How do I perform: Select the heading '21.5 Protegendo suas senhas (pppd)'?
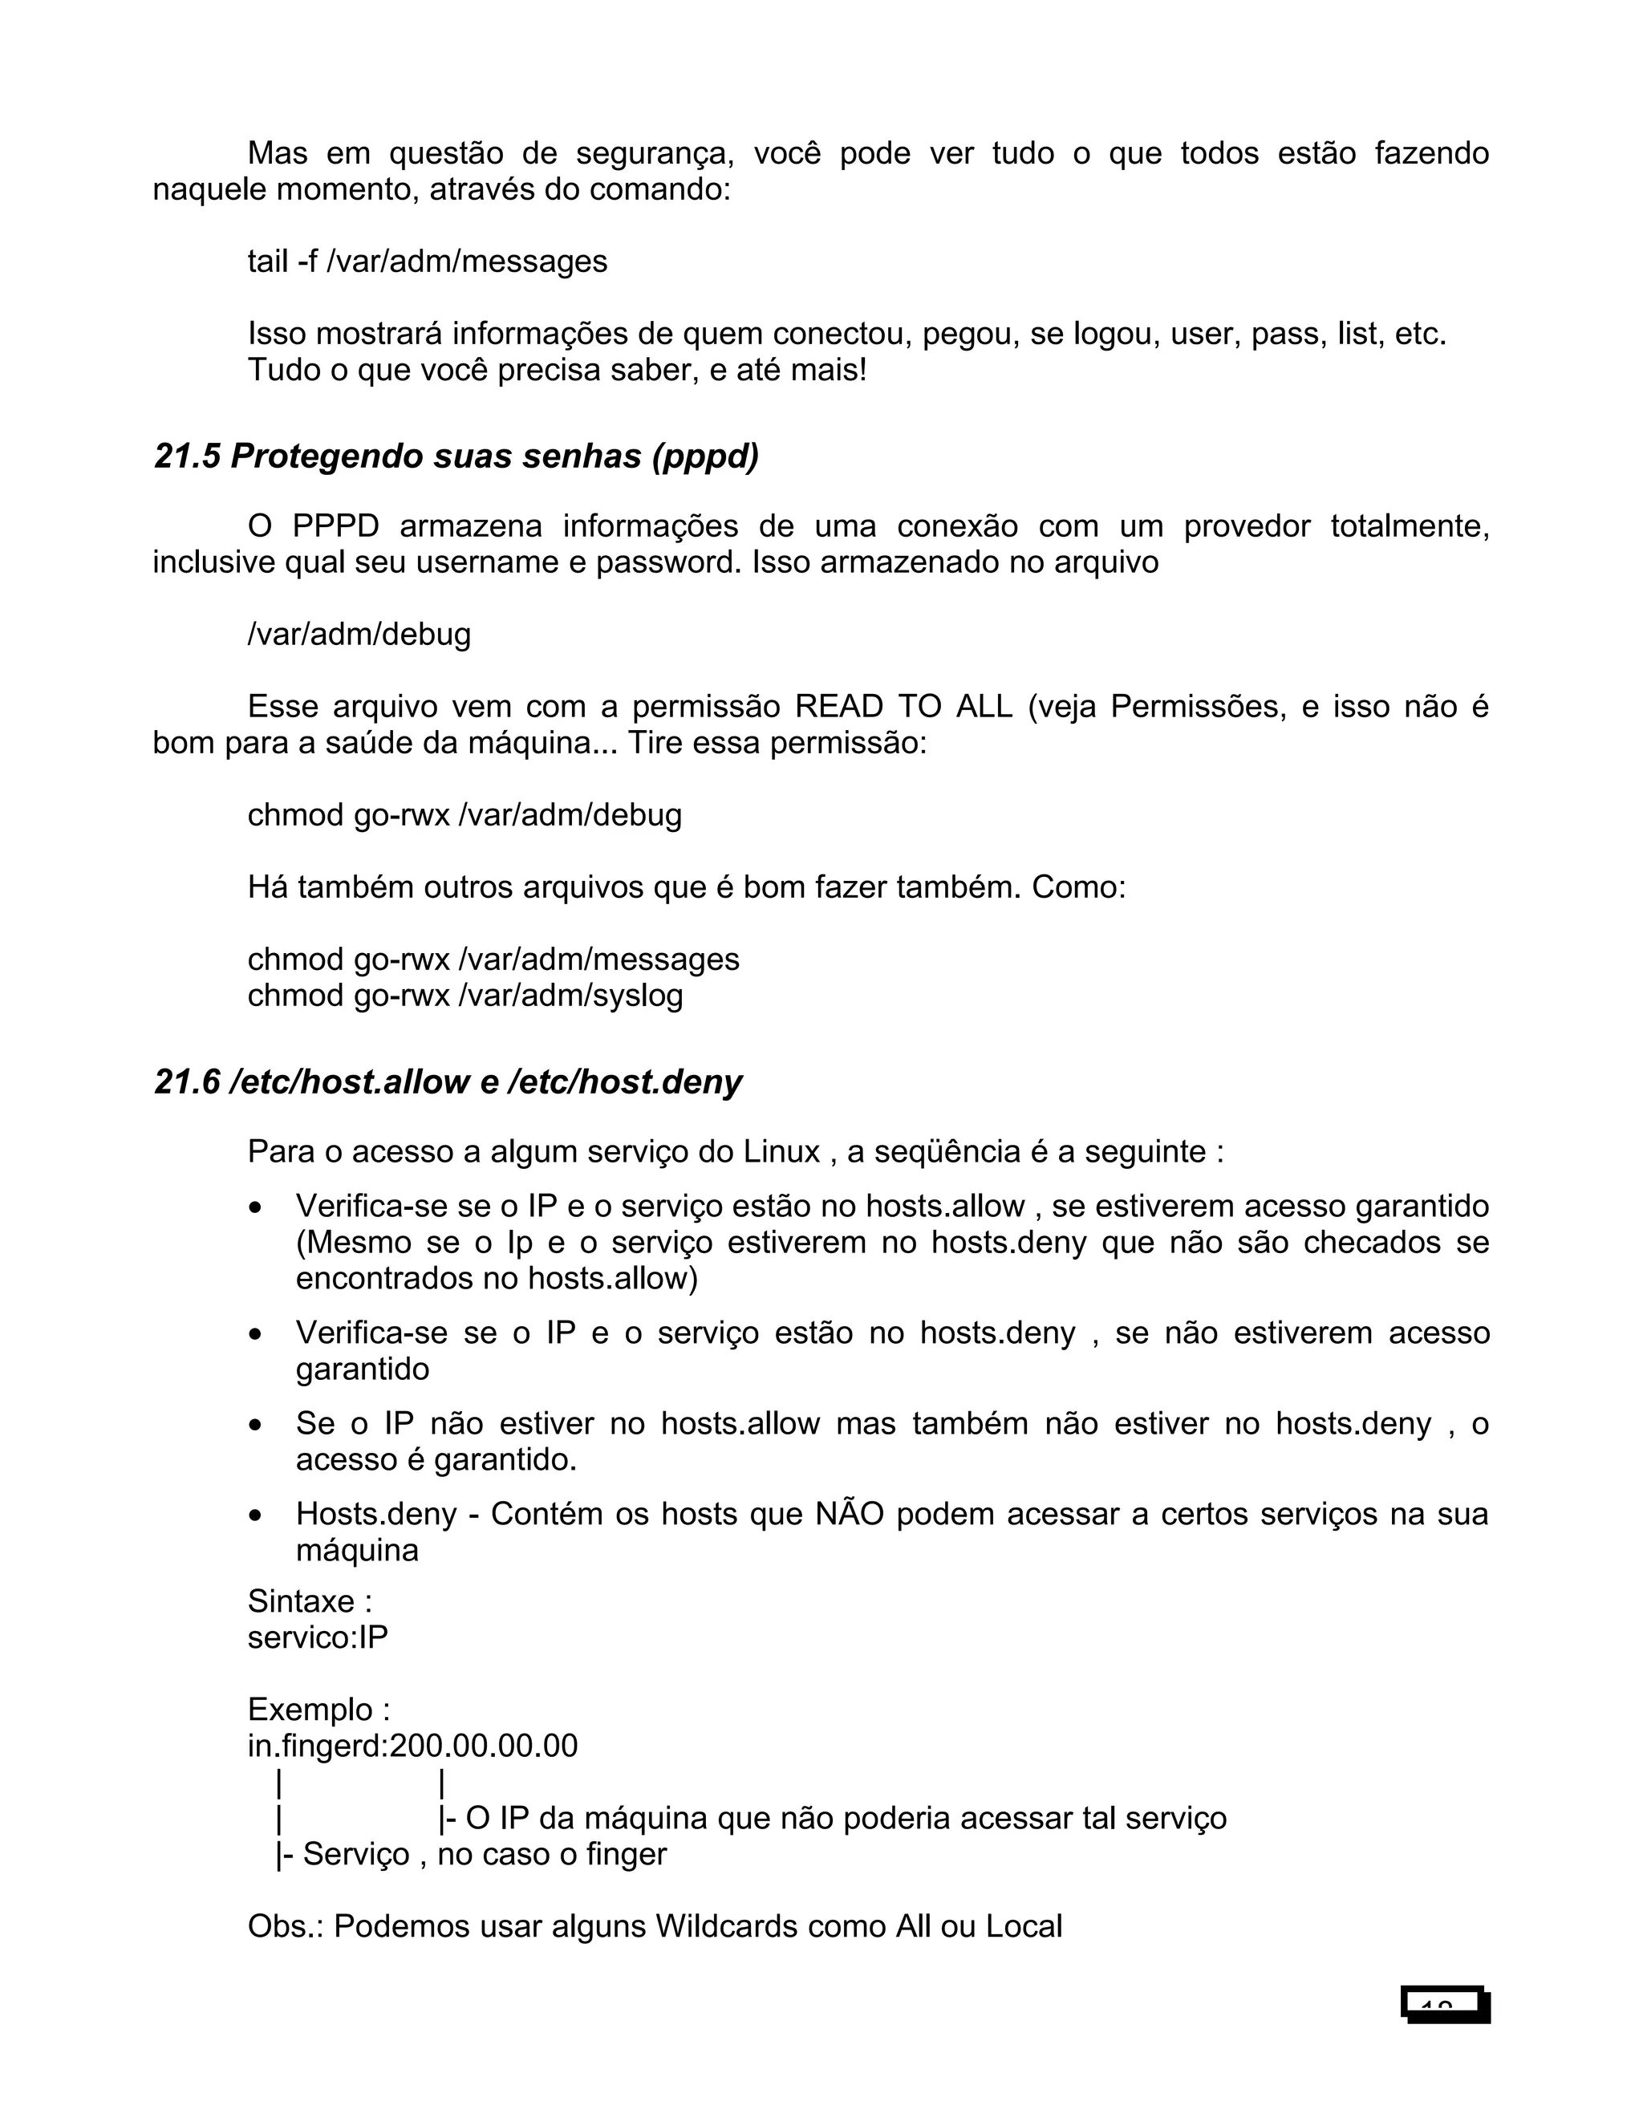(x=456, y=456)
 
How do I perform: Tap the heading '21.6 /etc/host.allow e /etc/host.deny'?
(x=448, y=1081)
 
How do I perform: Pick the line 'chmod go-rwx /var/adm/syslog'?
(x=465, y=995)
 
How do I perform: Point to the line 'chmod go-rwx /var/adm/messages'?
(x=493, y=959)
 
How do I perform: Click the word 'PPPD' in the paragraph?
(x=335, y=525)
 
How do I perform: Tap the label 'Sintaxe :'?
(x=310, y=1601)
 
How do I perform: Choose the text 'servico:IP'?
(x=318, y=1637)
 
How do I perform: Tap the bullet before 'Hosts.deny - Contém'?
(x=255, y=1516)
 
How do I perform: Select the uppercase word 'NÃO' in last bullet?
(x=849, y=1514)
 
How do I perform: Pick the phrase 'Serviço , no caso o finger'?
(x=484, y=1853)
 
